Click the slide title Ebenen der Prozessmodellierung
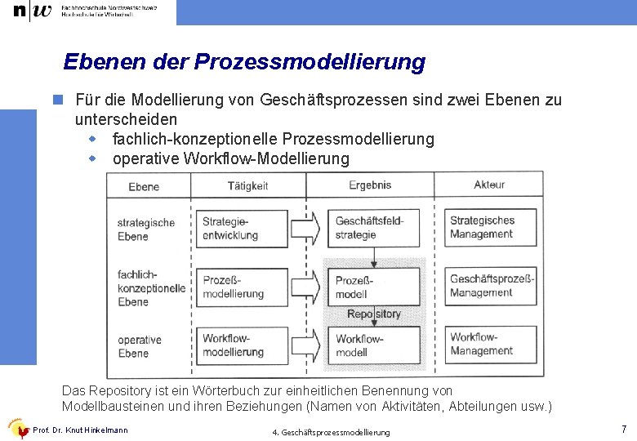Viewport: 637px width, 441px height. [x=244, y=62]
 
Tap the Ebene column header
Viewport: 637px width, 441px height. [x=144, y=187]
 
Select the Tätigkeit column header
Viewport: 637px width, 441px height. [x=247, y=186]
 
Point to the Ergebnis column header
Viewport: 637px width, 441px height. [x=370, y=185]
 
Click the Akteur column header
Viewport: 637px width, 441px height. [x=489, y=185]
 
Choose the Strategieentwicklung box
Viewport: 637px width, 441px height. [x=243, y=228]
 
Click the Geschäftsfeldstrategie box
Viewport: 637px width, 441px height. [x=375, y=228]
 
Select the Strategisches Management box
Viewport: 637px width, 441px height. [x=490, y=227]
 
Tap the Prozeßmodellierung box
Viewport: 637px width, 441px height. [x=243, y=287]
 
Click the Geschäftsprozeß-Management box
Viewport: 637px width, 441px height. [x=490, y=286]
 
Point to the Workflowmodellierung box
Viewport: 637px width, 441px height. [x=243, y=345]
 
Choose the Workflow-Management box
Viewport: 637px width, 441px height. [x=490, y=344]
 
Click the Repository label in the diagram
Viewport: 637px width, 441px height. [x=374, y=314]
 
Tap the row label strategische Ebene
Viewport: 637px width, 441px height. [x=145, y=229]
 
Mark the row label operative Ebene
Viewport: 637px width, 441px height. [x=140, y=346]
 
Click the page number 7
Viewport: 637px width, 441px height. [x=623, y=429]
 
